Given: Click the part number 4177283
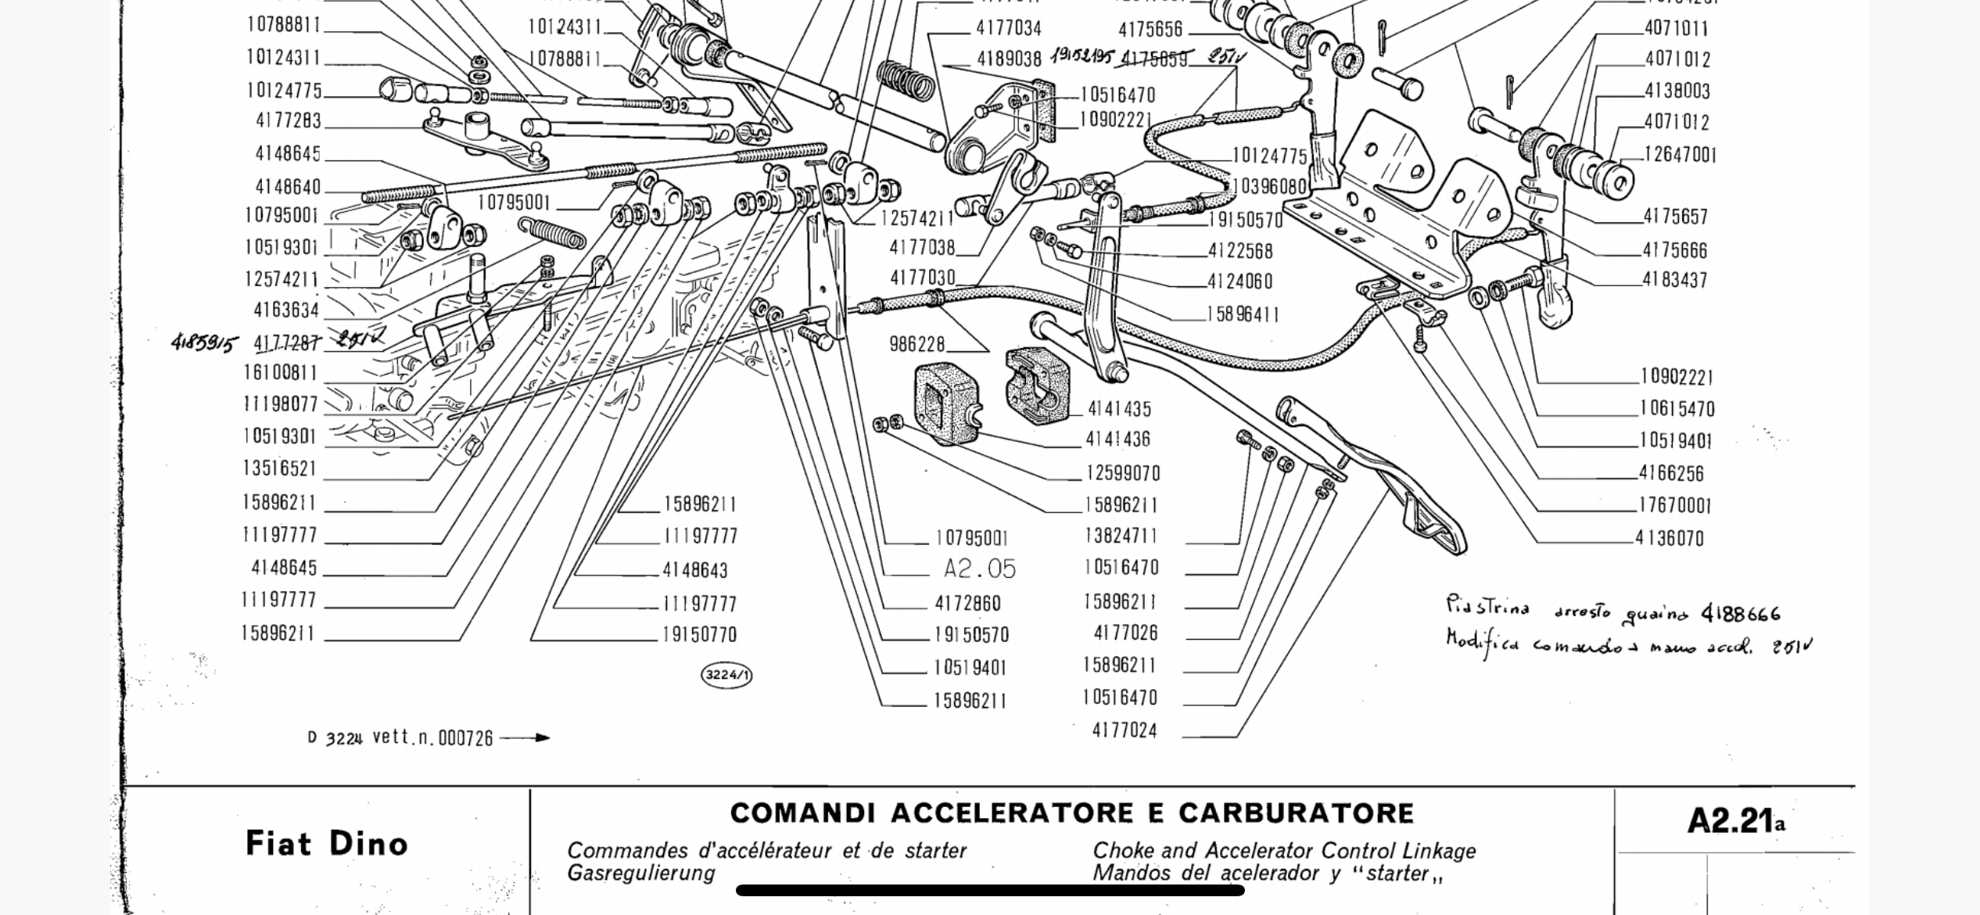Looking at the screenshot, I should coord(289,121).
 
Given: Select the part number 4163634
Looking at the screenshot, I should coord(286,310).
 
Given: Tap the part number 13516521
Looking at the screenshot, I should coord(280,468).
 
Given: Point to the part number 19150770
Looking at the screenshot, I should coord(699,635).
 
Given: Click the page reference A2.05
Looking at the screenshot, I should coord(979,569).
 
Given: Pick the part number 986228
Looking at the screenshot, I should coord(917,344).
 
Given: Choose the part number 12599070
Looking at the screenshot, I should coord(1123,473).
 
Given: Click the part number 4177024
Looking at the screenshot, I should coord(1125,730).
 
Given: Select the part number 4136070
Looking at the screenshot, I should coord(1670,538).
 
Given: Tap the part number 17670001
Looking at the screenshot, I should coord(1675,505).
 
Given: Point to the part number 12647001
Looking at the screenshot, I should coord(1680,155).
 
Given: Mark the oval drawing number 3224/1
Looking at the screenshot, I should coord(726,675).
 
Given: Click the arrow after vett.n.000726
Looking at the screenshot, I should coord(525,737).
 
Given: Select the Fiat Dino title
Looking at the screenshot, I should coord(327,844).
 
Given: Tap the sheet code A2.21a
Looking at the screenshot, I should coord(1736,821).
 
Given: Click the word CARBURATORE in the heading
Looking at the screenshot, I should coord(1296,813).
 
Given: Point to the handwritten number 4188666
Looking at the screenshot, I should coord(1741,614).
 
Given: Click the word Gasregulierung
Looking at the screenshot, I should coord(641,874).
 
